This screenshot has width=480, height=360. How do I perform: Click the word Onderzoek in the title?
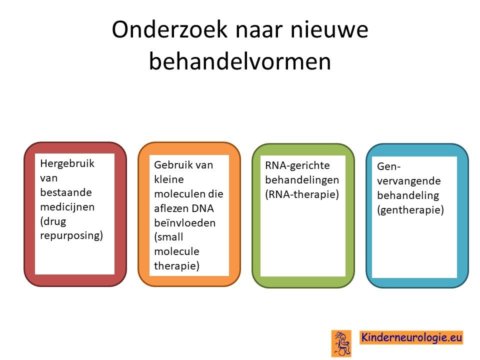170,29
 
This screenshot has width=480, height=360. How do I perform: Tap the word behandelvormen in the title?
240,61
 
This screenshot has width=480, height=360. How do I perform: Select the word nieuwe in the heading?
329,29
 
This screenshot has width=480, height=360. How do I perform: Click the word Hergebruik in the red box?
67,164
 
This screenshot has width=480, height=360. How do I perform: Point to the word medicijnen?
67,207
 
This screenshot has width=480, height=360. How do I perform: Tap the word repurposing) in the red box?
71,236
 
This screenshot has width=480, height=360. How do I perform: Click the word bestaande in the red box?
66,192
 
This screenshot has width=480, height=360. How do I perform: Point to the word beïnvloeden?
185,222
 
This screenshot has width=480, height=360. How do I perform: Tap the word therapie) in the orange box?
176,266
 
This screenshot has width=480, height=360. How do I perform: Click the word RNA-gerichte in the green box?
297,165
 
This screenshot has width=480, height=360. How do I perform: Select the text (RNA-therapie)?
302,194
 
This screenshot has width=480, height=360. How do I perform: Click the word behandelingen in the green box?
302,180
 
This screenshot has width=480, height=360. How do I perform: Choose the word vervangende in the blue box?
409,181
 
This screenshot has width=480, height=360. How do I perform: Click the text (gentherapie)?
410,210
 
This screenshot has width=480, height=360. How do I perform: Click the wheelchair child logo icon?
341,343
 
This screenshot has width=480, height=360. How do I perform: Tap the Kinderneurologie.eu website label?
411,337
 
